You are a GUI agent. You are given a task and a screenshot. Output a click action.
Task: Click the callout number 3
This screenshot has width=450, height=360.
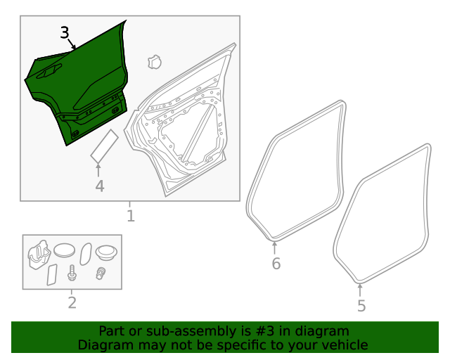point(65,32)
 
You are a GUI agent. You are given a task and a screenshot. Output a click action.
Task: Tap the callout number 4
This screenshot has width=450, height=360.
point(100,186)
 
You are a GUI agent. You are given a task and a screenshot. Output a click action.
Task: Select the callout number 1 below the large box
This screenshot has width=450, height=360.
point(130,215)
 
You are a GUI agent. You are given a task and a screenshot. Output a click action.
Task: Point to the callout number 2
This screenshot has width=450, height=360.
point(72,303)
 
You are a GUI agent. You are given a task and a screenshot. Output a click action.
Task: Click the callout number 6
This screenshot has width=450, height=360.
point(276,264)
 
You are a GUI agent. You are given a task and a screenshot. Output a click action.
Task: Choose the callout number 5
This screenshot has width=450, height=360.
point(361,306)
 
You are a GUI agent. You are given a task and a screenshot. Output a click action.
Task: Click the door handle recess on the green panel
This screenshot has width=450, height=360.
point(49,71)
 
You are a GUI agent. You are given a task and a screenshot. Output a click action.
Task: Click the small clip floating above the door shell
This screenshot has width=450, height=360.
point(154,63)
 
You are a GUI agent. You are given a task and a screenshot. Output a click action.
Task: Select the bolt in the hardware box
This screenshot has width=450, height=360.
point(72,273)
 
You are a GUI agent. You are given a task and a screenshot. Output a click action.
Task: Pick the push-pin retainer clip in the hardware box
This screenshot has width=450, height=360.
point(101,274)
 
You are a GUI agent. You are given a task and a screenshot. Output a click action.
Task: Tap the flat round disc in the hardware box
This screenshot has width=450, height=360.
point(64,250)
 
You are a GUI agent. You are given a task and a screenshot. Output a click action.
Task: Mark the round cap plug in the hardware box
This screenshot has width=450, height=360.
point(107,251)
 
